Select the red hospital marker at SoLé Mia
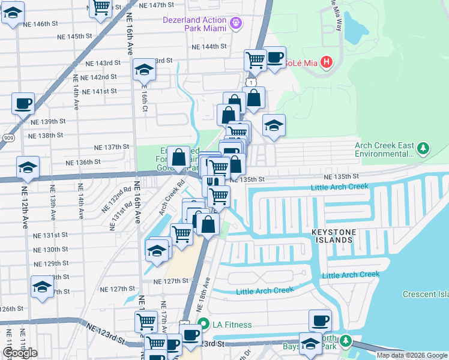326,61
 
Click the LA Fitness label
231,325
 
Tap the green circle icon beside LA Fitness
203,325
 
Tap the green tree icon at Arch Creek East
423,147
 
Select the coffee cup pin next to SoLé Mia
274,58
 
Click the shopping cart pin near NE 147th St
101,7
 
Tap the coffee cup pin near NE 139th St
23,103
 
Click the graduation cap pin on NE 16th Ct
145,71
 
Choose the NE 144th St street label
209,46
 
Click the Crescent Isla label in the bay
426,294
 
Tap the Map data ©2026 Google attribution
412,355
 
